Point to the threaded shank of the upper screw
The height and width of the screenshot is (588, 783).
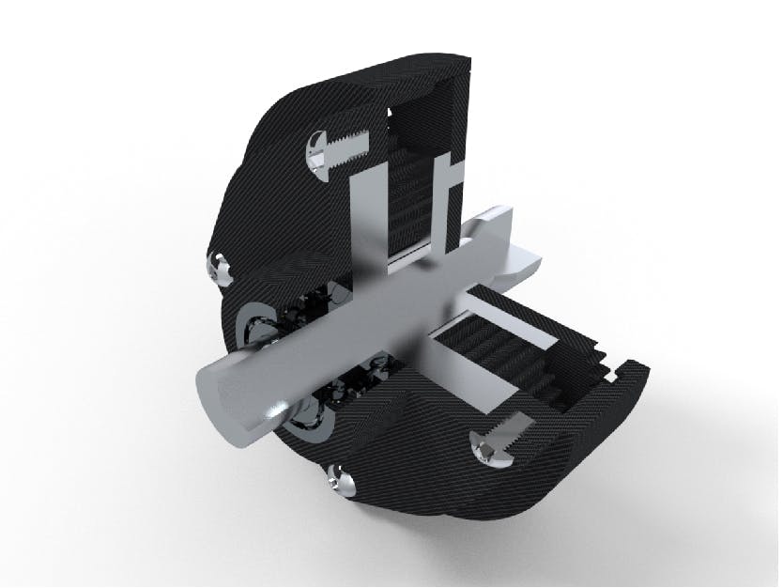(x=347, y=150)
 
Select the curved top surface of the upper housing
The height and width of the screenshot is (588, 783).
(x=376, y=75)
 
